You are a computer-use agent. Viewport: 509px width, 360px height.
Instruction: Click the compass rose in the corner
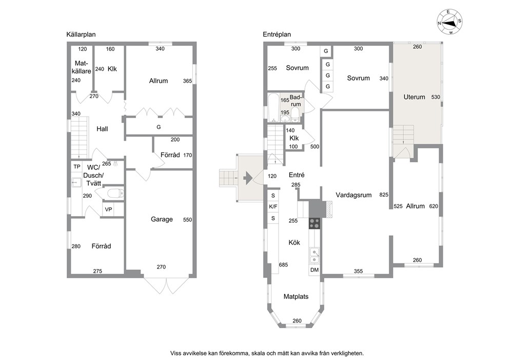(x=449, y=22)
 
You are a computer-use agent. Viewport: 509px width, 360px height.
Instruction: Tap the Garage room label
(x=162, y=219)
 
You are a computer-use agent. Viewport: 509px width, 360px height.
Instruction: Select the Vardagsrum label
(x=354, y=195)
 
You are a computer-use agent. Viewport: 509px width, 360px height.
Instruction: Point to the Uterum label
(x=414, y=97)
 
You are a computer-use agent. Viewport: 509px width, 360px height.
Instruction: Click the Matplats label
(x=296, y=296)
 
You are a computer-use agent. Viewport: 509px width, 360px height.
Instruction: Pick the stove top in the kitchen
(x=315, y=223)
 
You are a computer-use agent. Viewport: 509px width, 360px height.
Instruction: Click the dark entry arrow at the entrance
(x=248, y=178)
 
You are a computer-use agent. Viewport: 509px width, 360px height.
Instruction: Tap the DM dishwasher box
(x=314, y=270)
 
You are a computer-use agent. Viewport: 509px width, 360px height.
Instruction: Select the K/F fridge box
(x=273, y=206)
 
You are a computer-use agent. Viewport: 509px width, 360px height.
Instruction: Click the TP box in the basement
(x=76, y=167)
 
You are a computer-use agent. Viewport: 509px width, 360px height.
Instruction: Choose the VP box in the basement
(x=108, y=210)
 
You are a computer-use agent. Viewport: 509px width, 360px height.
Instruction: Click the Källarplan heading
(x=81, y=34)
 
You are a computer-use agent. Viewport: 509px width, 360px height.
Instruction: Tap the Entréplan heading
(x=277, y=34)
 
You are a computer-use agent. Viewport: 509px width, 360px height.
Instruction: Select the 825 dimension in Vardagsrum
(x=384, y=195)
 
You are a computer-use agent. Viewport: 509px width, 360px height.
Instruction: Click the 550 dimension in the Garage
(x=187, y=220)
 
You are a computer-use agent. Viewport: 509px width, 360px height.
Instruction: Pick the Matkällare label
(x=81, y=67)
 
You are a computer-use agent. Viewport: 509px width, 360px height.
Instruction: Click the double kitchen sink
(x=314, y=255)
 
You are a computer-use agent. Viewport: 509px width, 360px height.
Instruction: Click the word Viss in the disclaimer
(x=175, y=353)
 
